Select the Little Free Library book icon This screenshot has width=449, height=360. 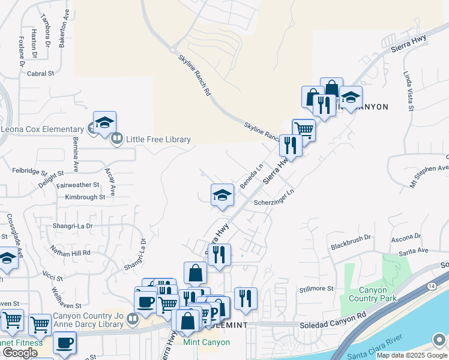click(x=116, y=139)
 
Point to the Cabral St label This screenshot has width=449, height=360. click(x=41, y=74)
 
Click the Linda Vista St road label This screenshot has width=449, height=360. click(x=408, y=91)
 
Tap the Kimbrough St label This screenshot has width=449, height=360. click(x=85, y=197)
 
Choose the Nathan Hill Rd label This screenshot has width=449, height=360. click(x=70, y=252)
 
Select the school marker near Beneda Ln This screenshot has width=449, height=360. click(x=222, y=194)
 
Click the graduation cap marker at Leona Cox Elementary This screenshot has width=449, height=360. click(x=104, y=122)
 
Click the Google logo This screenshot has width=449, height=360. click(x=19, y=352)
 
